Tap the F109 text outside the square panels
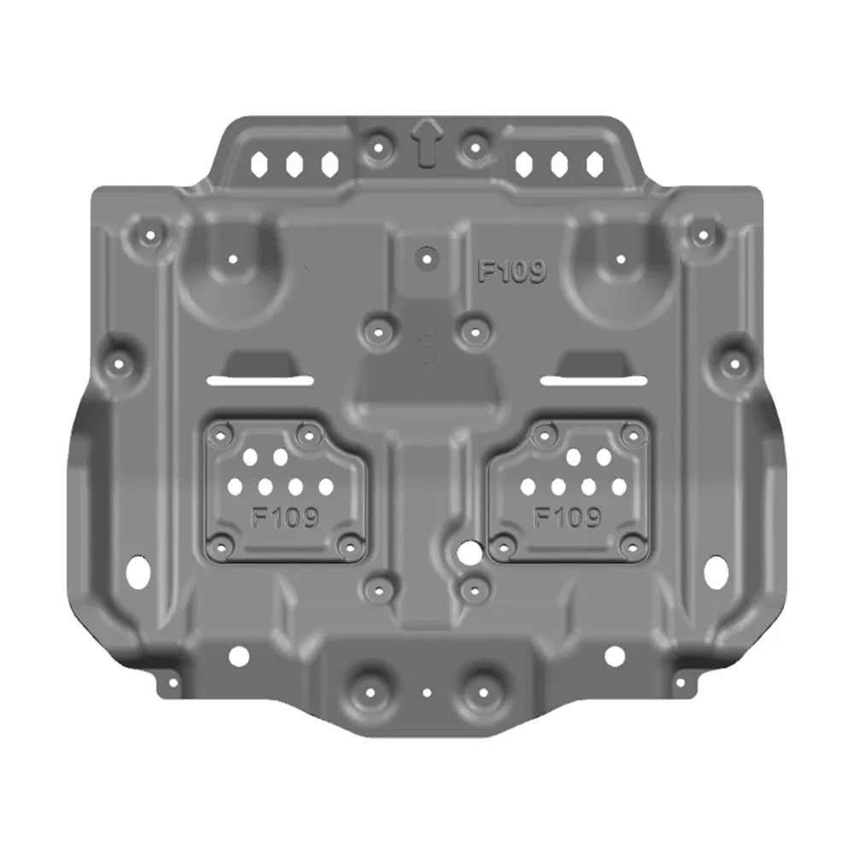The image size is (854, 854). click(x=511, y=272)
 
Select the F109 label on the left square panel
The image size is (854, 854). click(x=285, y=518)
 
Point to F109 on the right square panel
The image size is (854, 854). click(x=567, y=518)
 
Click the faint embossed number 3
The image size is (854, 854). click(x=426, y=348)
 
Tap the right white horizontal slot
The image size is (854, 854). click(x=591, y=381)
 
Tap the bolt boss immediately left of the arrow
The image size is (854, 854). click(x=375, y=148)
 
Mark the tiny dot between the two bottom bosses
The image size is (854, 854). click(x=425, y=693)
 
